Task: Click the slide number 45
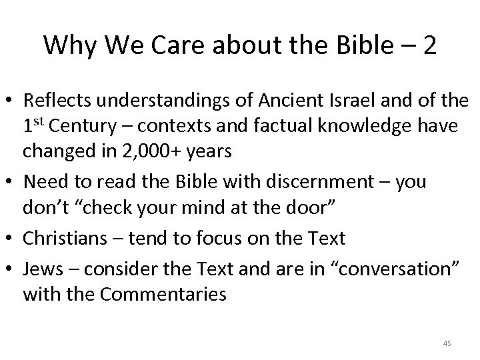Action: [447, 343]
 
